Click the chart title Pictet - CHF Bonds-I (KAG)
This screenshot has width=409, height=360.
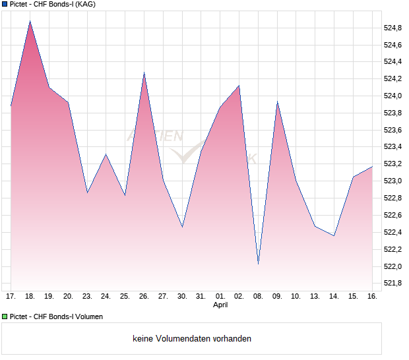click(52, 5)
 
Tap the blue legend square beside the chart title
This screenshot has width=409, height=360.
click(5, 5)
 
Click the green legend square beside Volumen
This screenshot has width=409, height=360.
click(5, 316)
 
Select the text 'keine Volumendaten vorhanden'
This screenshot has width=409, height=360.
click(192, 339)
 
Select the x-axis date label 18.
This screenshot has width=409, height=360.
click(30, 296)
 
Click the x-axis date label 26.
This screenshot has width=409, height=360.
click(144, 296)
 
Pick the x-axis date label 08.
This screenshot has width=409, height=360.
click(258, 296)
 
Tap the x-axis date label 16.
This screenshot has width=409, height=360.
click(372, 296)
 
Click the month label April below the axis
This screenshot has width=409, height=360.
click(220, 305)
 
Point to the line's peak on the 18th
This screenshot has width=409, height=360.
click(30, 21)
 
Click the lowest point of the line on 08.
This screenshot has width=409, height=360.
click(258, 263)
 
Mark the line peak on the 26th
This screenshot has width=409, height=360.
click(144, 73)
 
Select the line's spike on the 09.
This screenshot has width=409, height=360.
click(277, 102)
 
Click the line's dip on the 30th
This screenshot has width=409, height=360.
click(182, 227)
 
